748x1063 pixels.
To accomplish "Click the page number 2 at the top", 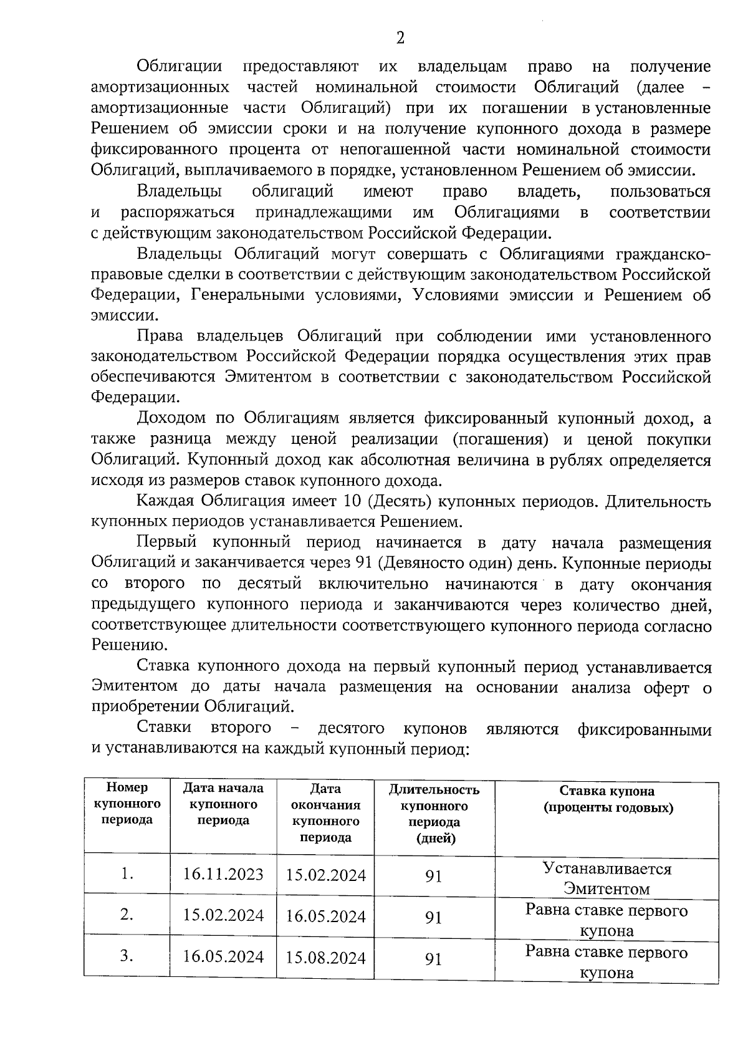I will click(400, 39).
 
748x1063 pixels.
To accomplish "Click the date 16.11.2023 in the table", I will click(223, 874).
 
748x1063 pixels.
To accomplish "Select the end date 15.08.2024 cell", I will click(325, 958).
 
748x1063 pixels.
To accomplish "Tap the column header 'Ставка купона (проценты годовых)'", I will click(607, 800).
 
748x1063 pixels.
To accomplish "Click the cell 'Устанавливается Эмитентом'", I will click(607, 878).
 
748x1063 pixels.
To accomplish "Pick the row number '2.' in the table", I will click(127, 915).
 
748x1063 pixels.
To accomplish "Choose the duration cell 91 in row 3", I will click(433, 959).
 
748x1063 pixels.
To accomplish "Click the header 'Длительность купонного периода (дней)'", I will click(434, 814).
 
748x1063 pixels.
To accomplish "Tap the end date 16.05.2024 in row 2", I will click(325, 916).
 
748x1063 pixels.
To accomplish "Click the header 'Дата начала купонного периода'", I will click(223, 804).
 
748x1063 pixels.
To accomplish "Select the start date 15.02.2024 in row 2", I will click(223, 915).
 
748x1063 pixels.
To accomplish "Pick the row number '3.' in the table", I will click(127, 956).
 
